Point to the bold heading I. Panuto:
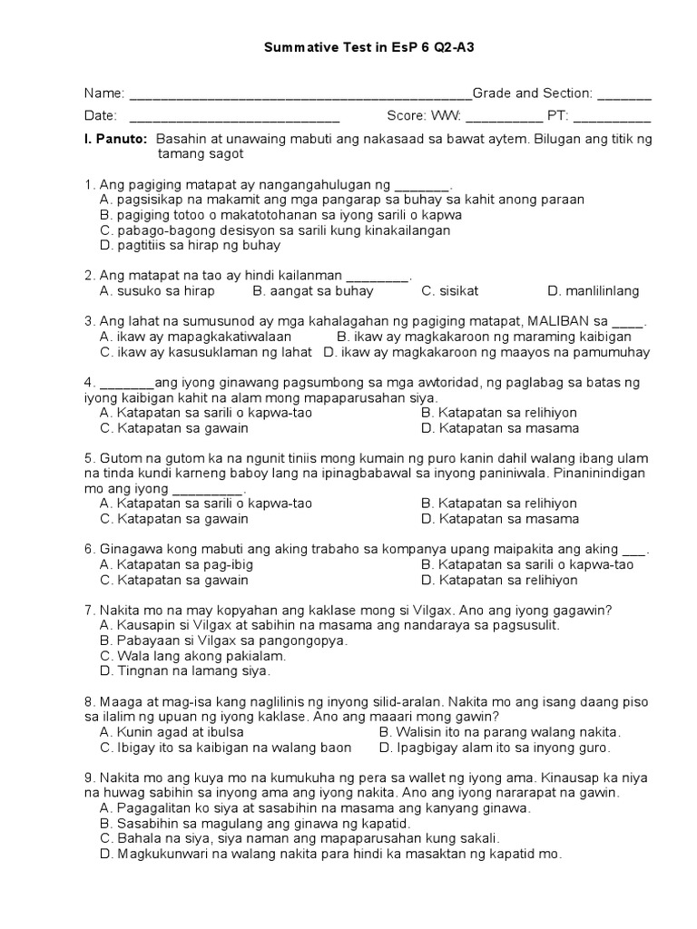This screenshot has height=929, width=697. [x=115, y=140]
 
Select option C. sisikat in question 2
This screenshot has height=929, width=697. [x=449, y=291]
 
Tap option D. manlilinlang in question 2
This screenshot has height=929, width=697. [x=594, y=291]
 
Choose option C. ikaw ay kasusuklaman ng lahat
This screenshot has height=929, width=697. [x=208, y=351]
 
